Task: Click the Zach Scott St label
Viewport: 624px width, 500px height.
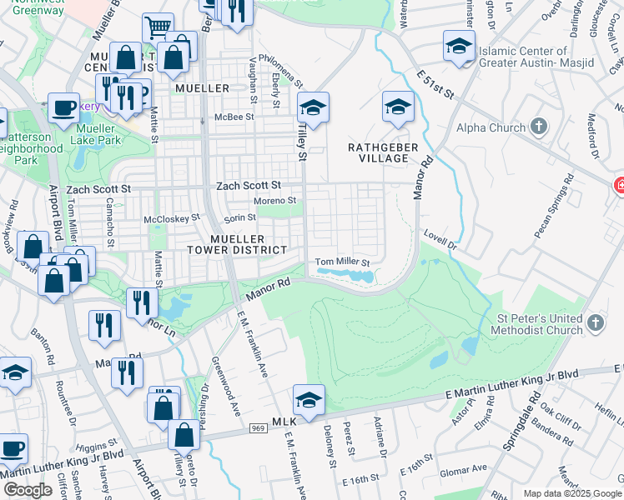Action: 248,187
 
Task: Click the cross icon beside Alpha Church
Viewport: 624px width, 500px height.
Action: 539,127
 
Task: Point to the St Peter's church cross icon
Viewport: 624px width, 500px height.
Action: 594,322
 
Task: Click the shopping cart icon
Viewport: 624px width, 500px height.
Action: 158,27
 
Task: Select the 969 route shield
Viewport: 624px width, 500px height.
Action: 257,428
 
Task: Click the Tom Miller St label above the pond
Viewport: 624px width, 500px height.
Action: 342,262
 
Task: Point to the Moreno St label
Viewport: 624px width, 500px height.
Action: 275,201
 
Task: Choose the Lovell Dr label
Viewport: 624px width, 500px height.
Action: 441,241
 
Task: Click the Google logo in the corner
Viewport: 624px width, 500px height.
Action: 28,490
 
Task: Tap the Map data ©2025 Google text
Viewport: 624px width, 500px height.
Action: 572,493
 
